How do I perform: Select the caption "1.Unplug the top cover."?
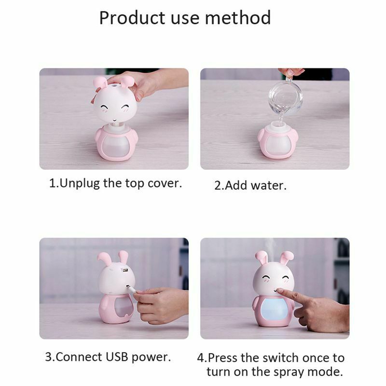pos(116,184)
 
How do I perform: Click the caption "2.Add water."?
pos(250,185)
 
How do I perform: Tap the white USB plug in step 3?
pos(129,289)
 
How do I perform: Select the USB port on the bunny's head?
pos(126,271)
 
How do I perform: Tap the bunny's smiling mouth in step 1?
pos(115,118)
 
